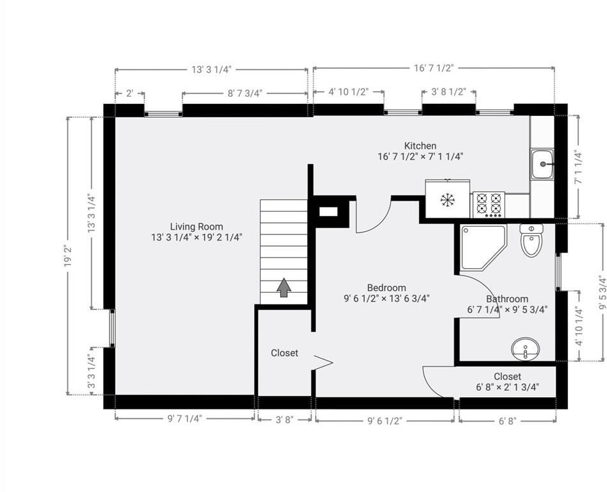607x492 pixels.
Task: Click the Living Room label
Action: (x=197, y=227)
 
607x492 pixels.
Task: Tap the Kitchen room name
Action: (x=420, y=146)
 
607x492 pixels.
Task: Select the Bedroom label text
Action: (x=387, y=288)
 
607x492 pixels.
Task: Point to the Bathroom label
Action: (x=507, y=299)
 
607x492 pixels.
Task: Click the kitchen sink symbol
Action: (x=542, y=165)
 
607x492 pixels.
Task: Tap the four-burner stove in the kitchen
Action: (x=488, y=204)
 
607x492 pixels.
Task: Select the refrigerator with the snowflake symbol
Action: (x=447, y=199)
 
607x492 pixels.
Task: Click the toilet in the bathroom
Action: (x=531, y=240)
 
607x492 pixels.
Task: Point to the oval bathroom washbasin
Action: (x=526, y=348)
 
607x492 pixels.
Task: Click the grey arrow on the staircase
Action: (x=284, y=288)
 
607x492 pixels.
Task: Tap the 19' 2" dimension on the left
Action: (x=69, y=256)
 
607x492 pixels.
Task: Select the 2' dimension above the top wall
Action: (x=129, y=94)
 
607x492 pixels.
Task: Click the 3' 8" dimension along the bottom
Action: (x=285, y=420)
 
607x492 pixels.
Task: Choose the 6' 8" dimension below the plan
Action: (x=508, y=421)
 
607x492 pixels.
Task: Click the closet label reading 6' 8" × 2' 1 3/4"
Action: (x=508, y=387)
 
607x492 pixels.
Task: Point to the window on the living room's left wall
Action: (x=112, y=328)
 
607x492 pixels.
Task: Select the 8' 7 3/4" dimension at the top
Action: (x=245, y=94)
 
